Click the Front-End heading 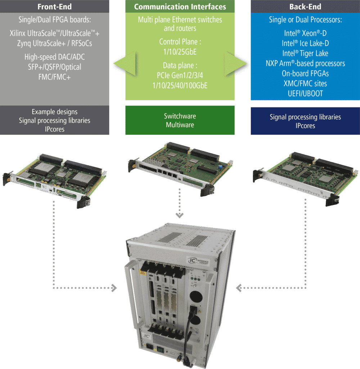[x=55, y=6]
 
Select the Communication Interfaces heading [x=180, y=6]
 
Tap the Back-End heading [x=305, y=6]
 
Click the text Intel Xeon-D [x=305, y=33]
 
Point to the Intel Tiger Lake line [x=305, y=53]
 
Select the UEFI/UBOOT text [x=305, y=93]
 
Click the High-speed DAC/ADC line [x=55, y=57]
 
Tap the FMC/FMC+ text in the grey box [x=55, y=77]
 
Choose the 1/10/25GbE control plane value [x=180, y=52]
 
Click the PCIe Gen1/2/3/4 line [x=180, y=76]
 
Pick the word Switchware [x=180, y=116]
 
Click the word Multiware [x=180, y=125]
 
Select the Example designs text [x=55, y=112]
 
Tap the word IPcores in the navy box [x=305, y=126]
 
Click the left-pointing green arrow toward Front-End [x=124, y=64]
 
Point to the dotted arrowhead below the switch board [x=180, y=215]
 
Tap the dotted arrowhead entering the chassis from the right [x=238, y=288]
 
